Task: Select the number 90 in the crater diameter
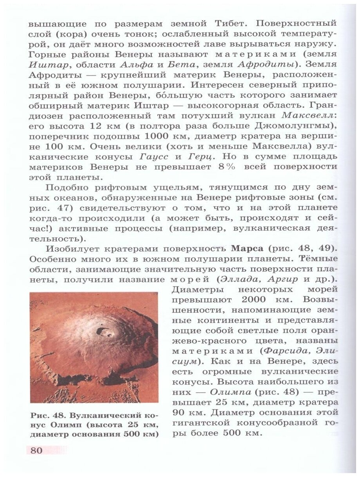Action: pyautogui.click(x=180, y=412)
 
